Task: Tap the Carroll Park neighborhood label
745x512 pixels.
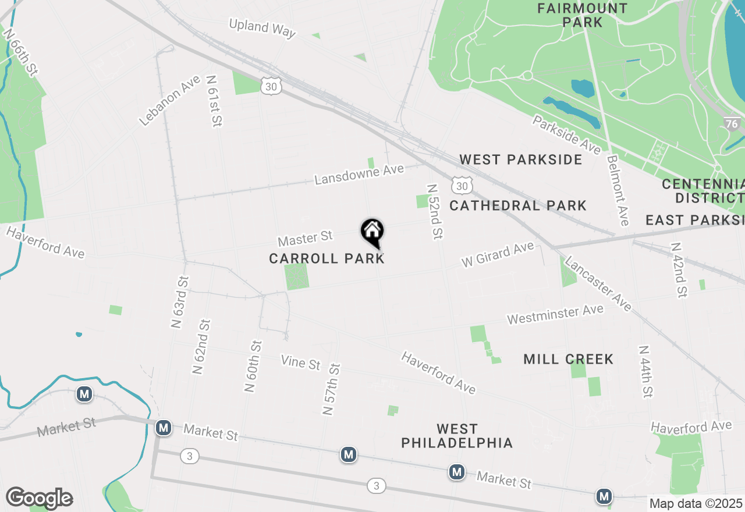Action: coord(327,258)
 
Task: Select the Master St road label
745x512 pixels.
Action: coord(305,238)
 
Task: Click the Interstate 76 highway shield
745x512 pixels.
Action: coord(732,124)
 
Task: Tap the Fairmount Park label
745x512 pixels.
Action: coord(582,16)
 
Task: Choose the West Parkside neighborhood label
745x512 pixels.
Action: coord(520,159)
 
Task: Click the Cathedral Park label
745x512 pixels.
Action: coord(518,205)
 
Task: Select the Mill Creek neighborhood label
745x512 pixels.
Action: coord(568,359)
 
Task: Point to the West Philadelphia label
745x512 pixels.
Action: coord(457,436)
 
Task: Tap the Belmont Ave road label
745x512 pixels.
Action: coord(618,190)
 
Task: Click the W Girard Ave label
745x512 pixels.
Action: coord(498,255)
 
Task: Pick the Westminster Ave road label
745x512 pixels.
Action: coord(555,315)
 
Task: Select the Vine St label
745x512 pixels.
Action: coord(300,362)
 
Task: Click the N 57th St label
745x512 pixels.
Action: coord(331,389)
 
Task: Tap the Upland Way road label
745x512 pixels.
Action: coord(262,28)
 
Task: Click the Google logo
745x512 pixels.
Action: coord(39,498)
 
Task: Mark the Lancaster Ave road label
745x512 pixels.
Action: coord(598,283)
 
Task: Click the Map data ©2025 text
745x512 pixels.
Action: coord(696,503)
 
